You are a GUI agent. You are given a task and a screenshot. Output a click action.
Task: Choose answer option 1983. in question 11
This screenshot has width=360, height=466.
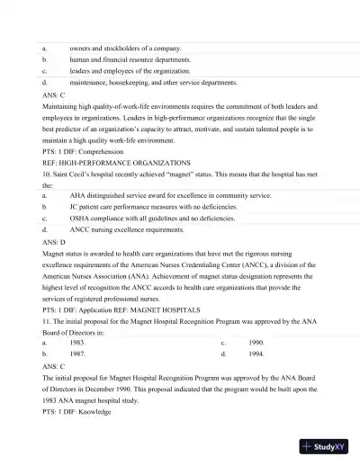pos(78,343)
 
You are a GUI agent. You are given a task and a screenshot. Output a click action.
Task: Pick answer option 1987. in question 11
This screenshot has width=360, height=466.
pos(78,354)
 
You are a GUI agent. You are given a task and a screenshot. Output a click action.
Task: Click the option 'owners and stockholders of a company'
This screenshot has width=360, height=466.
pos(125,48)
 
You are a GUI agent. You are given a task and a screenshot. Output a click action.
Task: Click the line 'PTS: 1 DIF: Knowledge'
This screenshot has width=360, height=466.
pos(76,411)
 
